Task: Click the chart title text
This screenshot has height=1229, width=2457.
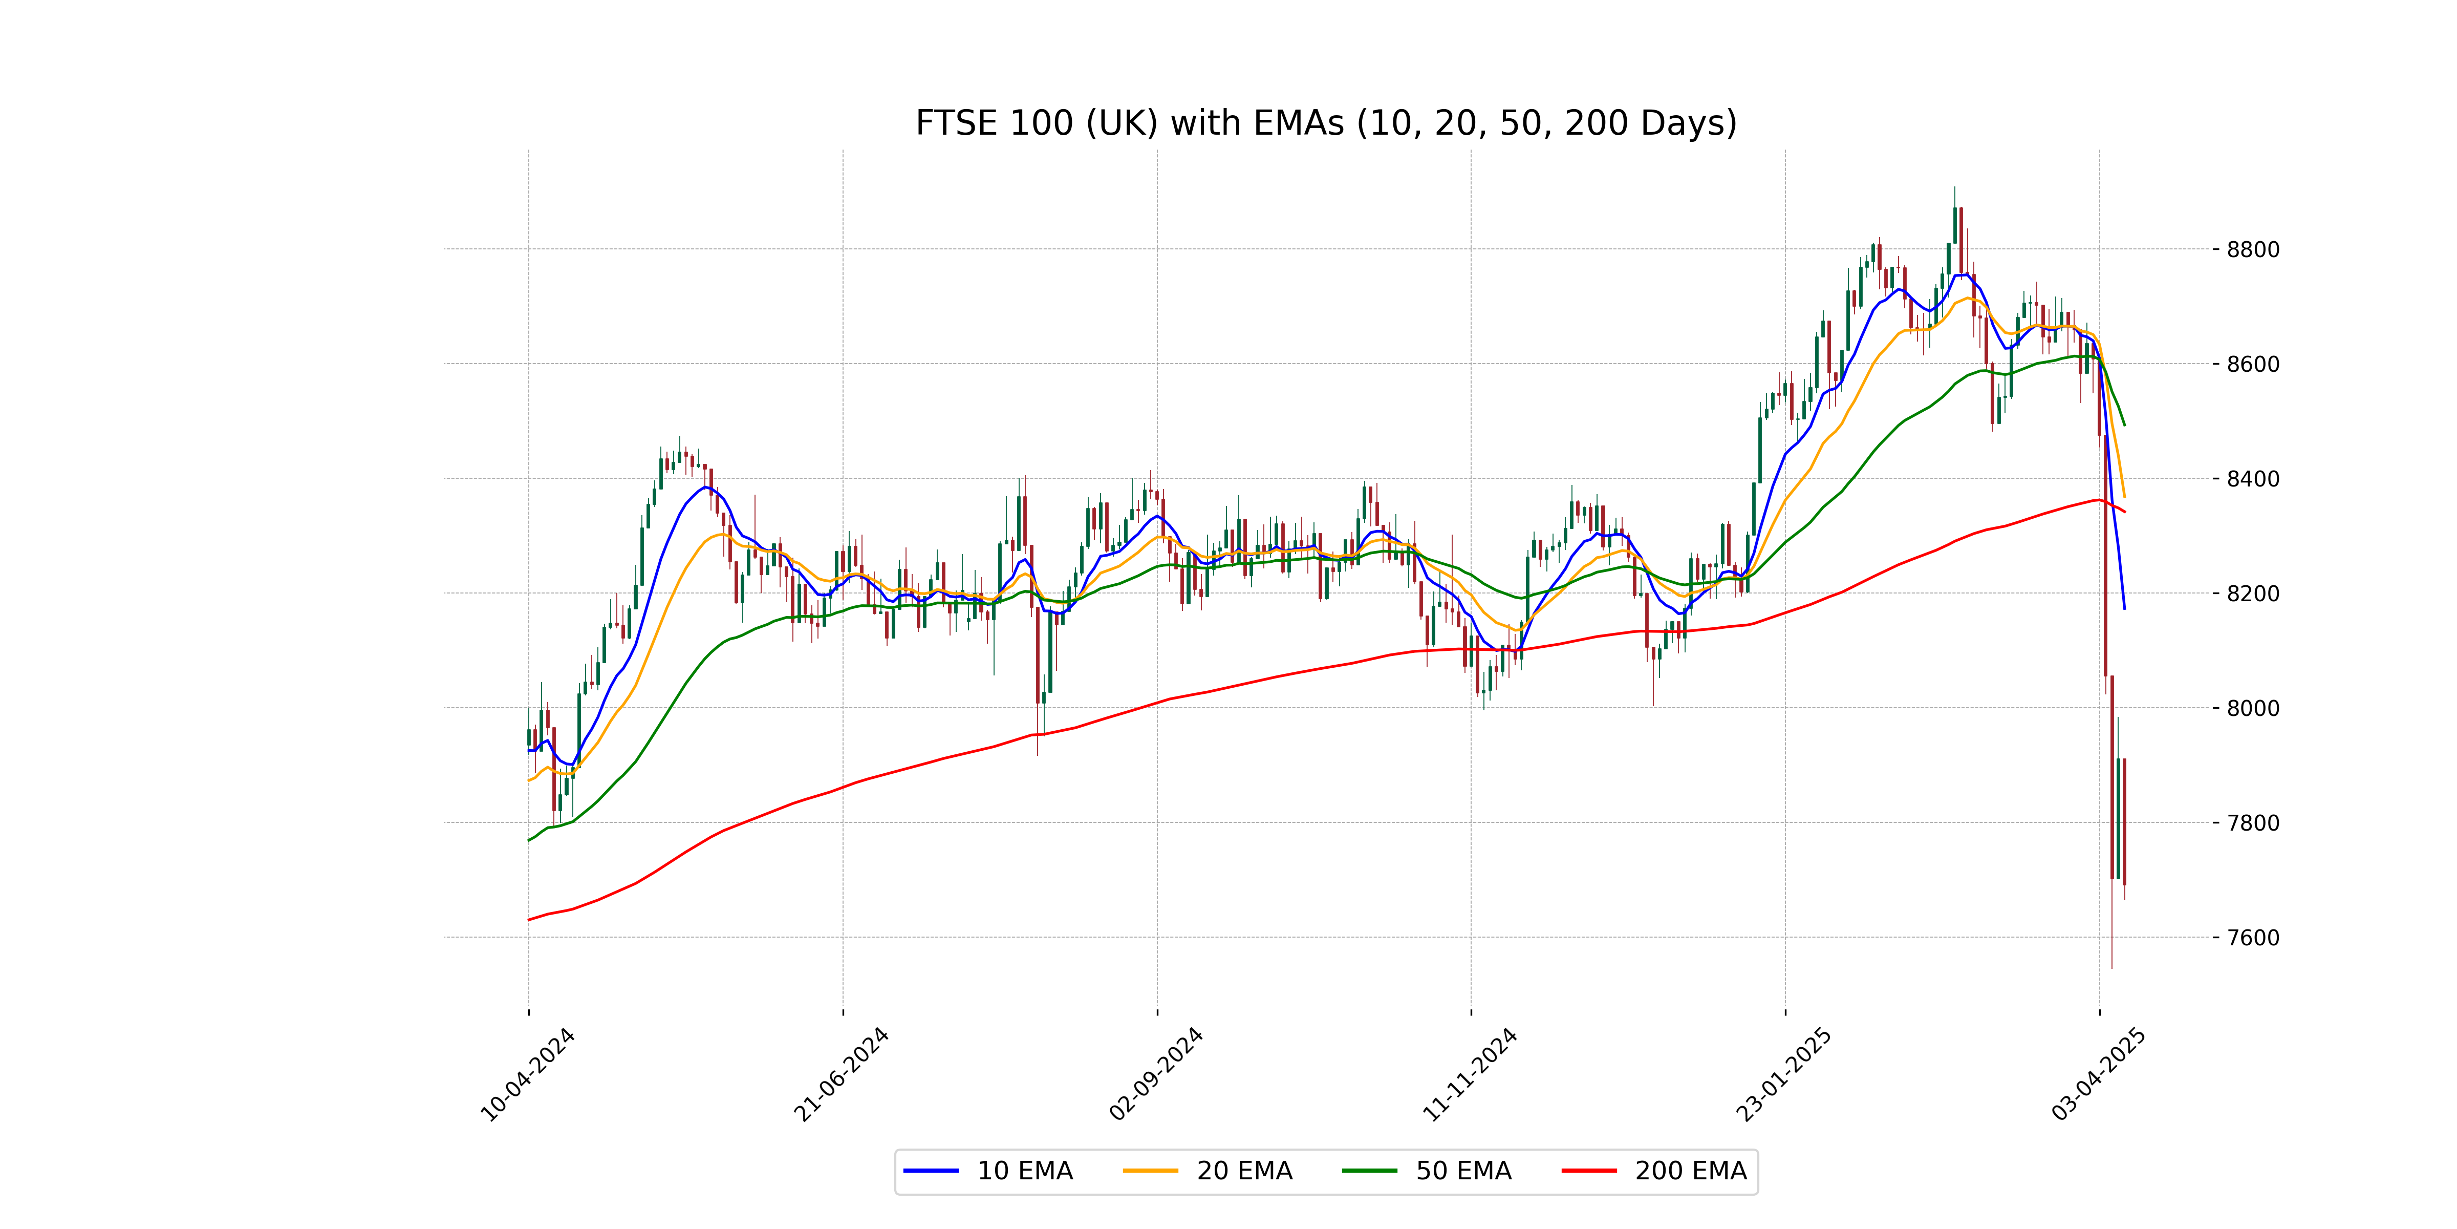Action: [1326, 123]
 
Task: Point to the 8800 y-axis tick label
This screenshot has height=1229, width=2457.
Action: [2253, 250]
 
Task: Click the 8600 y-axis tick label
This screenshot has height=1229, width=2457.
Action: [2253, 365]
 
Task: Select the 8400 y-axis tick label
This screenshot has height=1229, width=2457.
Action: [2253, 479]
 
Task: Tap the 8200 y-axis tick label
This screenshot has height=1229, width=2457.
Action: [2253, 594]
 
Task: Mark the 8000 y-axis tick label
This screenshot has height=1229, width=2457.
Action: [2253, 708]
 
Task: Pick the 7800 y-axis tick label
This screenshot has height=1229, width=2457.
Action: [2253, 822]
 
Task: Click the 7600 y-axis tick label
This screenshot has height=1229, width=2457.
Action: [2253, 937]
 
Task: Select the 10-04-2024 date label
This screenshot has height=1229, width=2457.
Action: [527, 1075]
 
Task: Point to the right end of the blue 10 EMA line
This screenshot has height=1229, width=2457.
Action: [2124, 608]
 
